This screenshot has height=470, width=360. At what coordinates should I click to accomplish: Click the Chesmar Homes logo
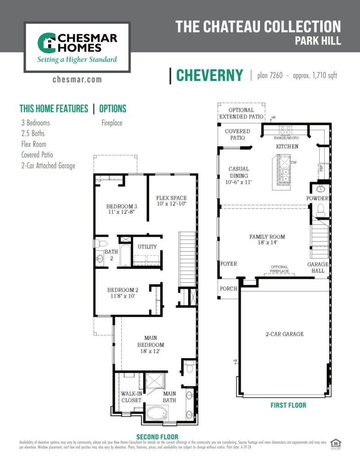77,47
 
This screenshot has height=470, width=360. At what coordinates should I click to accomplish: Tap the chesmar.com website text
77,80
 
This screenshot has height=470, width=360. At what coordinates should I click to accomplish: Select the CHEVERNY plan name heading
210,76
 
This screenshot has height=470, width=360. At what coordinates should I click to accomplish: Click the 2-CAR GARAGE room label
284,334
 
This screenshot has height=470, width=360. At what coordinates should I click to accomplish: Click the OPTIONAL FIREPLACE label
279,269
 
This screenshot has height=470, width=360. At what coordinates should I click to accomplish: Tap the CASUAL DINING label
238,175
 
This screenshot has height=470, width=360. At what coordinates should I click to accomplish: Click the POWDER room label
318,198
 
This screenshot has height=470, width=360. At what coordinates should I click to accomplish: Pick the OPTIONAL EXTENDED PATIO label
241,113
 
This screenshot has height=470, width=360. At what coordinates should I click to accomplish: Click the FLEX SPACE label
171,201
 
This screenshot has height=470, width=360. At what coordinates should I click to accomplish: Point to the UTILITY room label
147,247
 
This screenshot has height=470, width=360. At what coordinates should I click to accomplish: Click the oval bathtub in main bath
158,412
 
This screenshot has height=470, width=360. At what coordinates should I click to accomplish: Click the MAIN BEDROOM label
150,345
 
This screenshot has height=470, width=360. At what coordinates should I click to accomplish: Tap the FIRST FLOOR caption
288,405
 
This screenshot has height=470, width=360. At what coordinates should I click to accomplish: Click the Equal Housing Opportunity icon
336,444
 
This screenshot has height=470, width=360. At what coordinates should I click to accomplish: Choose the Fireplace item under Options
112,123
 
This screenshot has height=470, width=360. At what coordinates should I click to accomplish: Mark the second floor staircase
187,259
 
